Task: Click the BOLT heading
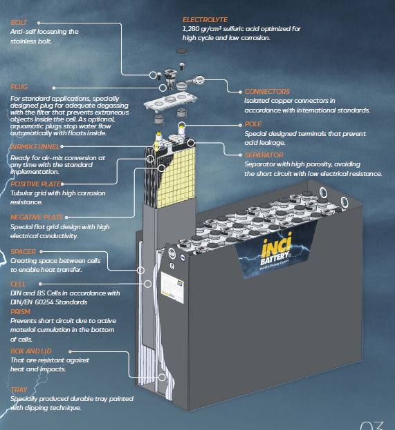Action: tap(19, 23)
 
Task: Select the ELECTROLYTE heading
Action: tap(205, 20)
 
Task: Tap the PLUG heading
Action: tap(19, 87)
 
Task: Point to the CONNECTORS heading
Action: tap(268, 92)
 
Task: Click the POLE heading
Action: tap(253, 124)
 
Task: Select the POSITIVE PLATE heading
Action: tap(35, 184)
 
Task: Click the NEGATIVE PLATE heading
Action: tap(37, 217)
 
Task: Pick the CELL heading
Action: tap(19, 284)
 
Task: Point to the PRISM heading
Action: tap(20, 311)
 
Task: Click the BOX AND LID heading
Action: tap(32, 351)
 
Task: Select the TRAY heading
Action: tap(19, 390)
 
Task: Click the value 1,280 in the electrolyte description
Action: tap(194, 30)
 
